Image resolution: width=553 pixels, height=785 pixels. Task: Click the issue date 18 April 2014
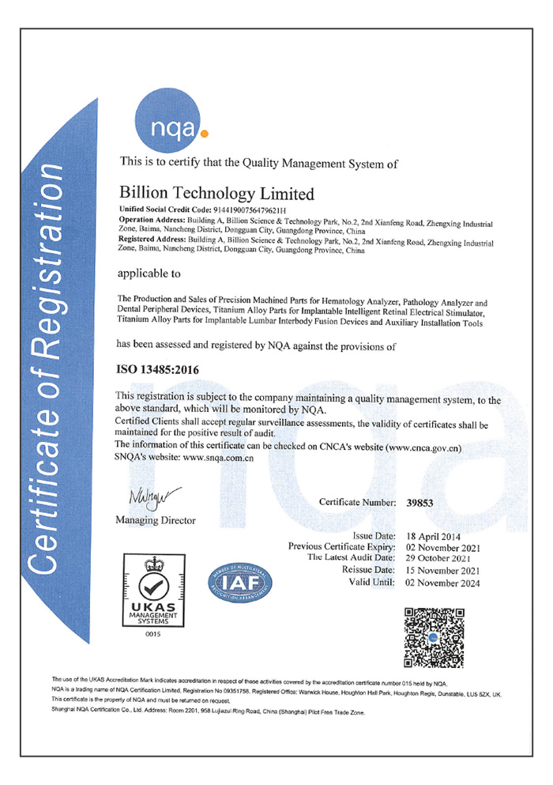(434, 536)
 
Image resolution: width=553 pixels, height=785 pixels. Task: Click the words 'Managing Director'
(156, 520)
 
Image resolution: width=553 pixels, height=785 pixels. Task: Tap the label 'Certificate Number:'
(357, 502)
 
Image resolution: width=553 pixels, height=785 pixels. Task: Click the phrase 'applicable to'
(149, 274)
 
